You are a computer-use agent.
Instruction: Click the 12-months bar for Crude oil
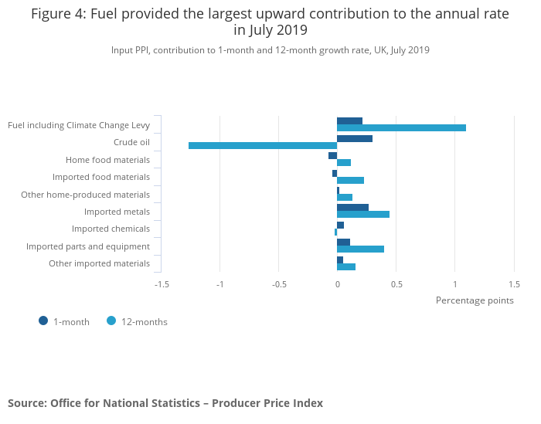263,145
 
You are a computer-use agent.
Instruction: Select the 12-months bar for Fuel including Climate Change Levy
401,127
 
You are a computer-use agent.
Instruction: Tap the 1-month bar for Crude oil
355,138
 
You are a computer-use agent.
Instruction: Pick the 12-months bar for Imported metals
363,215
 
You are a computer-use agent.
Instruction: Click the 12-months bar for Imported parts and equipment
360,249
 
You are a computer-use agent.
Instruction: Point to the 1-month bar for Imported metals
352,207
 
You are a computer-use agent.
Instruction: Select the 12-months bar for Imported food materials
350,180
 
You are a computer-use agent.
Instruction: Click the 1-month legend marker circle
43,321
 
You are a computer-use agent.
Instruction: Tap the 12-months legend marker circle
111,321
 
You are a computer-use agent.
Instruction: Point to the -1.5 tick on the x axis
162,283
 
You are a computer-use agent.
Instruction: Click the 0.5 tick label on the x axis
396,283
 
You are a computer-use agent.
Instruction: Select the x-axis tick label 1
454,283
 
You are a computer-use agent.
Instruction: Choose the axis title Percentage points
475,300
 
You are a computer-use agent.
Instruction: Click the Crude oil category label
131,142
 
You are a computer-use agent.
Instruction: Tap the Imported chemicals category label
111,229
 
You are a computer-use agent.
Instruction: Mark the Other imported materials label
99,263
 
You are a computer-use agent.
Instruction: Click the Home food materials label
107,160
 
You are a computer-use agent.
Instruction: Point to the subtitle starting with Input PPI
270,50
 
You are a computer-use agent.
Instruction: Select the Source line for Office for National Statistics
165,403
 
